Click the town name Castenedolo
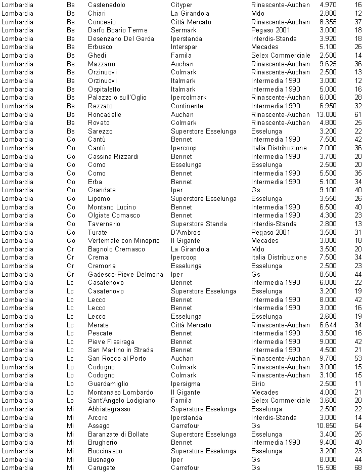coord(106,5)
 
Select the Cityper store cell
coord(181,5)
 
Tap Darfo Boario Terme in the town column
coord(118,30)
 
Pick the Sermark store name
coord(184,30)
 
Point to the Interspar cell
coord(185,47)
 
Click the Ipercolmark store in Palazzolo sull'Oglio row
coord(189,97)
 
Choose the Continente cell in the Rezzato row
coord(187,106)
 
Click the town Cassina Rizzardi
coord(113,156)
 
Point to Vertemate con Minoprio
coord(124,240)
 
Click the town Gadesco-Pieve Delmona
coord(125,274)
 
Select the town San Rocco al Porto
coord(117,358)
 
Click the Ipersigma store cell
coord(185,383)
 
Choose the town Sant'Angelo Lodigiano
coord(122,400)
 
